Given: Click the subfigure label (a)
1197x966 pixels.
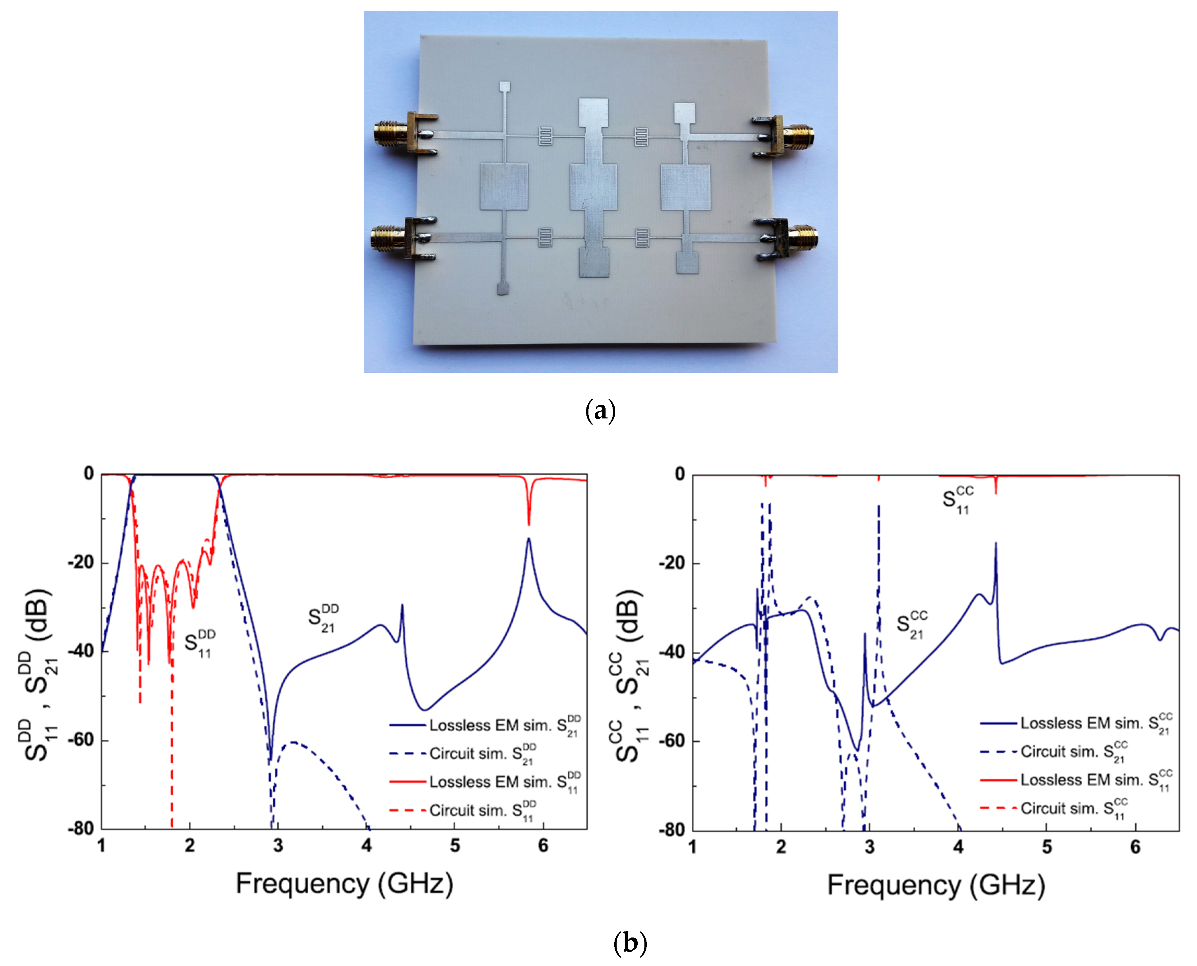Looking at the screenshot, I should (x=601, y=412).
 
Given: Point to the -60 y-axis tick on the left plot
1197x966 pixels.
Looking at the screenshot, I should (x=81, y=740).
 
